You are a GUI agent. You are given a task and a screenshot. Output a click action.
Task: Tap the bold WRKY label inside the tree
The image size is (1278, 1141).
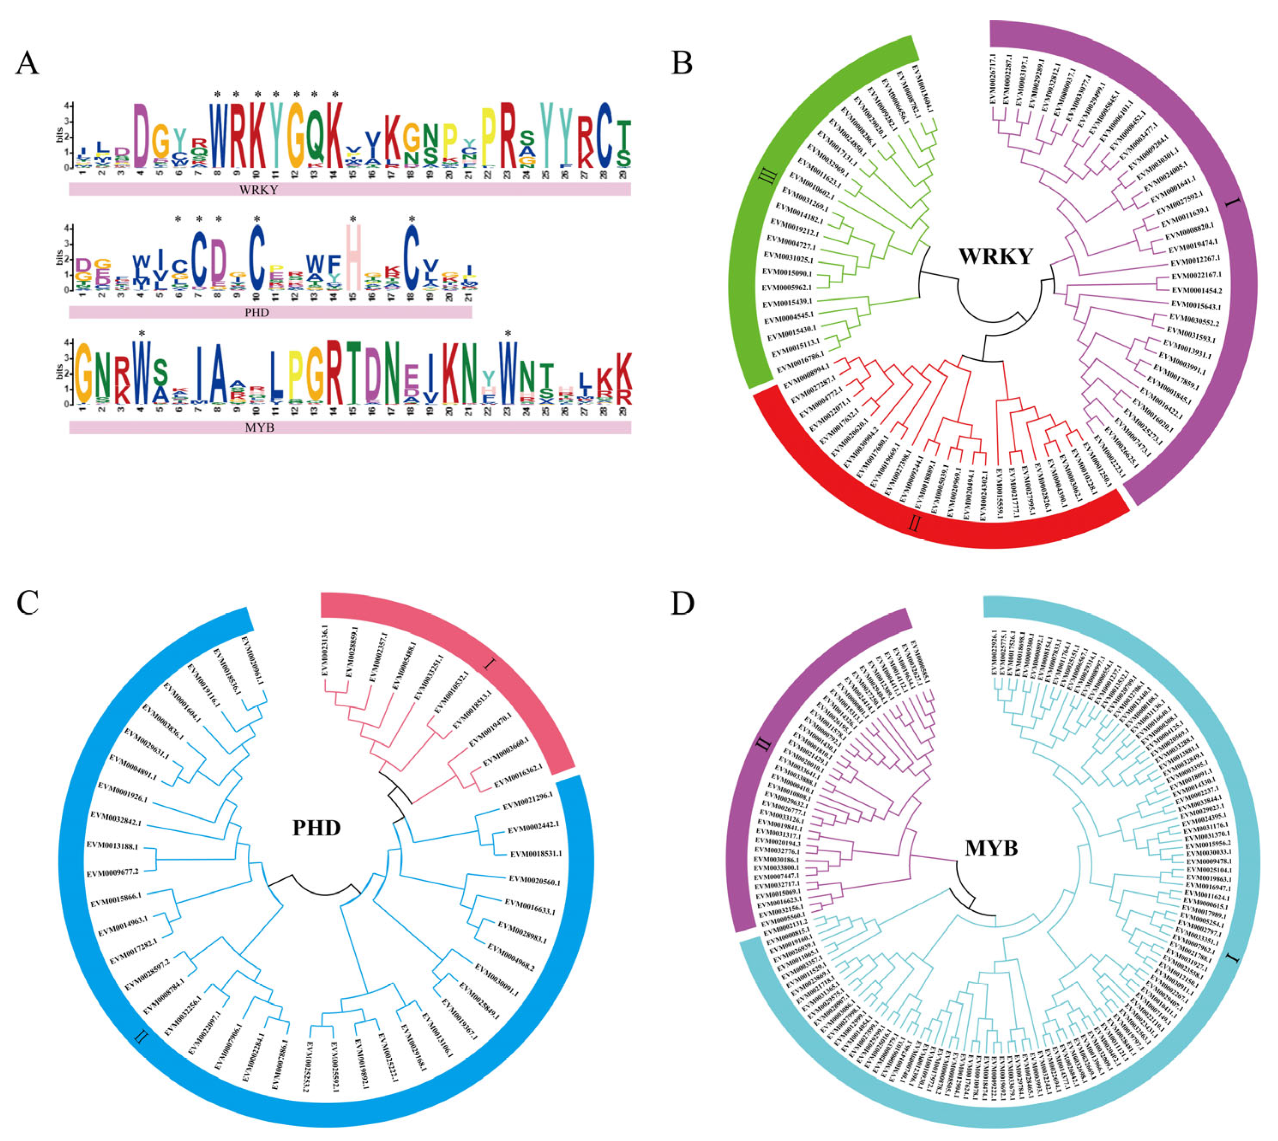995,256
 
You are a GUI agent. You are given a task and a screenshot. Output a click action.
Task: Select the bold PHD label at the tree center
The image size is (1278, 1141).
317,828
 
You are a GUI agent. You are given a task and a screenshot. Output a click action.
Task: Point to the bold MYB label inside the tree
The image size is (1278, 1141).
990,848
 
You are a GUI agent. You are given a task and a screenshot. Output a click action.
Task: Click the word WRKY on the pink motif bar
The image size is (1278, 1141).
258,189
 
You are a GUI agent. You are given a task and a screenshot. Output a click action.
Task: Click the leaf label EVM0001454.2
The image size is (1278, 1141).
1197,290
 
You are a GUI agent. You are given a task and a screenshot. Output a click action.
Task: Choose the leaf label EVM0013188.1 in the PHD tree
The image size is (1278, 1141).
113,845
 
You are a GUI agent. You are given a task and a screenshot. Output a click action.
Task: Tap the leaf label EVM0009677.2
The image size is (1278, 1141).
113,872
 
